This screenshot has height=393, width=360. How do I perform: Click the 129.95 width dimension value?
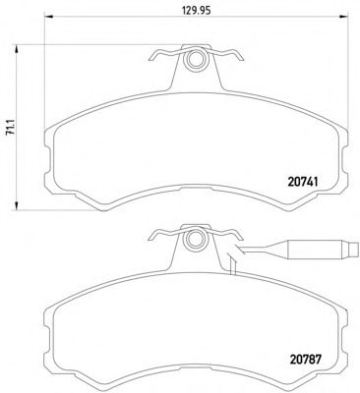tap(196, 10)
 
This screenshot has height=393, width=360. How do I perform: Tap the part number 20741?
tap(303, 182)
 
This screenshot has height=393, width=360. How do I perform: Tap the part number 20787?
tap(305, 360)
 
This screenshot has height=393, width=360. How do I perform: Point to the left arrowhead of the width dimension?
tap(48, 16)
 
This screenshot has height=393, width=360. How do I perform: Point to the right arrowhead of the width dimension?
tap(343, 16)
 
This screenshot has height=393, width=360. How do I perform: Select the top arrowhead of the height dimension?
tap(16, 50)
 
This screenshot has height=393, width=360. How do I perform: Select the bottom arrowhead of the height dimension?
tap(16, 205)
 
